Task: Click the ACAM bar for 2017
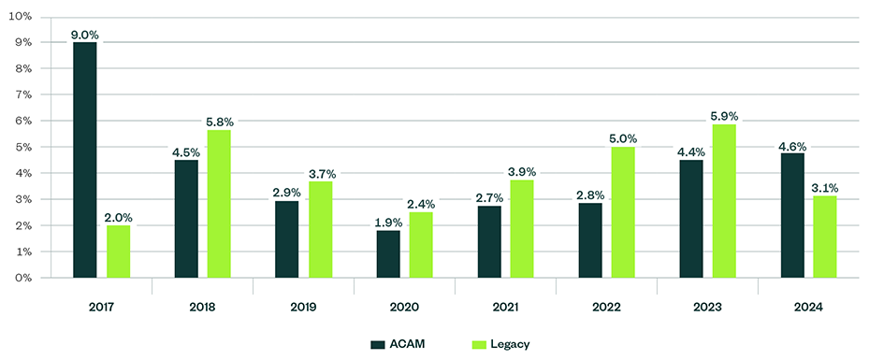click(85, 160)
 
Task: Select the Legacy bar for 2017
click(118, 252)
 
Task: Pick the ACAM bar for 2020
click(388, 253)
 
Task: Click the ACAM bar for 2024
click(792, 215)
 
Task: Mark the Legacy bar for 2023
click(724, 201)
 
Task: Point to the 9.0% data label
click(85, 35)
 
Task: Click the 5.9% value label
click(724, 116)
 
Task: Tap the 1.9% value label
click(388, 222)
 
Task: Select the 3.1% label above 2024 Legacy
click(825, 188)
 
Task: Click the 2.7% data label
click(489, 198)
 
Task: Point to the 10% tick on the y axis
click(20, 17)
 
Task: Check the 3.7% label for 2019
click(320, 173)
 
